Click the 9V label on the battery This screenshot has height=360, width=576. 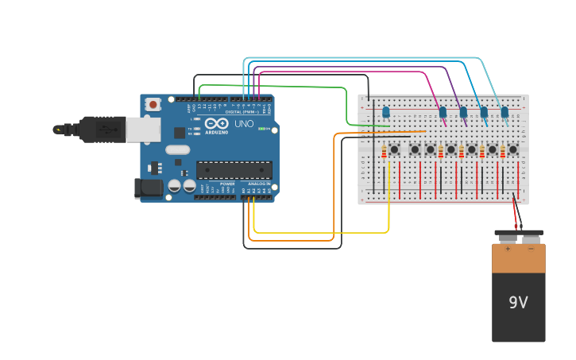(518, 303)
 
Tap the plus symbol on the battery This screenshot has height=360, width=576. (508, 249)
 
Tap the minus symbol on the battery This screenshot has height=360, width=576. (530, 249)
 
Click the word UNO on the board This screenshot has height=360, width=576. (243, 124)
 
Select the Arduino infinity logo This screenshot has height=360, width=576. (216, 124)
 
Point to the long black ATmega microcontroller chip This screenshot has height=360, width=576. (234, 169)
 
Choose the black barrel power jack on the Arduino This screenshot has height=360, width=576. (148, 188)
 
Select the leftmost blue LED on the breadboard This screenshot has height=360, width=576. (386, 112)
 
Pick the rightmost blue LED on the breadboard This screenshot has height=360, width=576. (504, 112)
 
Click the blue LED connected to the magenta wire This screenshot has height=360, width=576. (443, 112)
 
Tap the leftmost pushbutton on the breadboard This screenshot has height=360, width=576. (394, 149)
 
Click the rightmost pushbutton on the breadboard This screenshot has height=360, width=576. (512, 149)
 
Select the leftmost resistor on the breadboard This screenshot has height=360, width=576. (384, 152)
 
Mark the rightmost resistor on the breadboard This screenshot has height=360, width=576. (502, 152)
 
